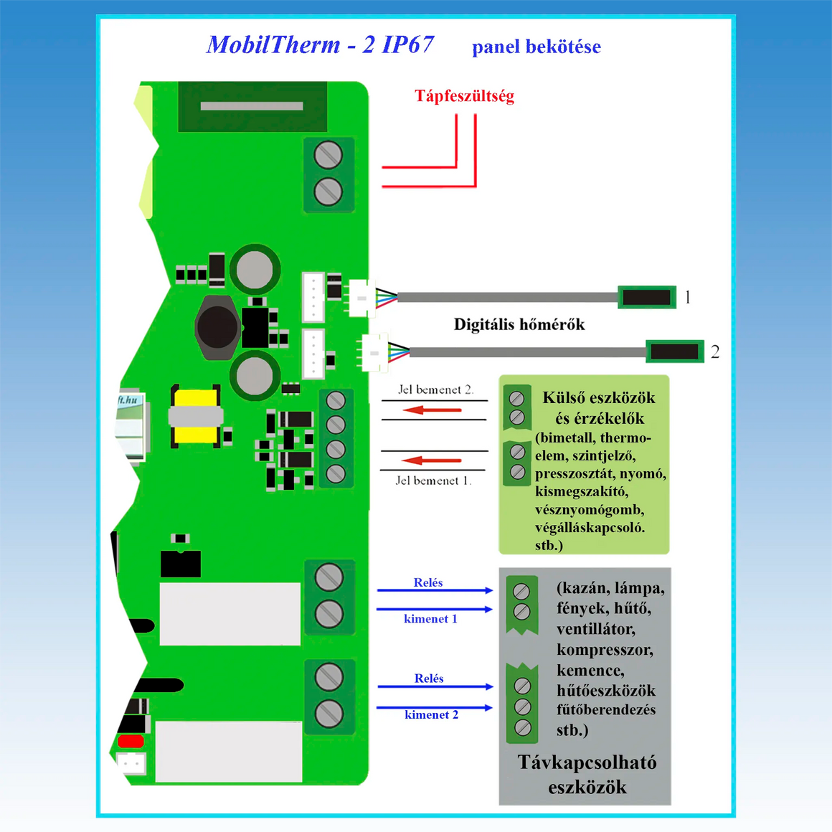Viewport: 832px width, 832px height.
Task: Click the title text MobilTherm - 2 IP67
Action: click(320, 44)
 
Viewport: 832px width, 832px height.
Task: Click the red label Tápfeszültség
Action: click(464, 96)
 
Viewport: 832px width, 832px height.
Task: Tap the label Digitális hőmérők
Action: click(519, 325)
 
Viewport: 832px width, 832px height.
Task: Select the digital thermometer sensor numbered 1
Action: click(647, 297)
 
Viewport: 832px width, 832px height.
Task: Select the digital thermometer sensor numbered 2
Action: click(674, 351)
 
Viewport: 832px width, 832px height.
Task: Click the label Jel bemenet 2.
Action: click(435, 390)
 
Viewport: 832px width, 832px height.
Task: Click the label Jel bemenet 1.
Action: click(433, 481)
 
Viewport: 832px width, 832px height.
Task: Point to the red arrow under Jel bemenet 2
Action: click(432, 410)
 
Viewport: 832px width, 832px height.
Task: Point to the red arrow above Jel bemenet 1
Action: click(432, 460)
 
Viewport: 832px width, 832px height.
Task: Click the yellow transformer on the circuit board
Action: click(196, 416)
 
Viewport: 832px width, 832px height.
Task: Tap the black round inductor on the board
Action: click(217, 327)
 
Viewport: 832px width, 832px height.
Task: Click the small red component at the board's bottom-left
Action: click(131, 742)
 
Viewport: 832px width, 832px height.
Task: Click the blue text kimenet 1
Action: click(430, 619)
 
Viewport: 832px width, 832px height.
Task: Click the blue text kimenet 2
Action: click(431, 715)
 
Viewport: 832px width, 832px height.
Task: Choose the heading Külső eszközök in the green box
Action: click(599, 398)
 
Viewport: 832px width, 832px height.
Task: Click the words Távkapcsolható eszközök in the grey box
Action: click(587, 775)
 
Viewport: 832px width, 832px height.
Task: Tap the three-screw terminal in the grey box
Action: click(523, 706)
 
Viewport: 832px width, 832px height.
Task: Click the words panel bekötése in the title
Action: click(536, 47)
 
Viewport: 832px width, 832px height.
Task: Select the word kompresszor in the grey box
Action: click(605, 651)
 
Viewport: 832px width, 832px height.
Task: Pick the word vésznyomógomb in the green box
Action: click(590, 510)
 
